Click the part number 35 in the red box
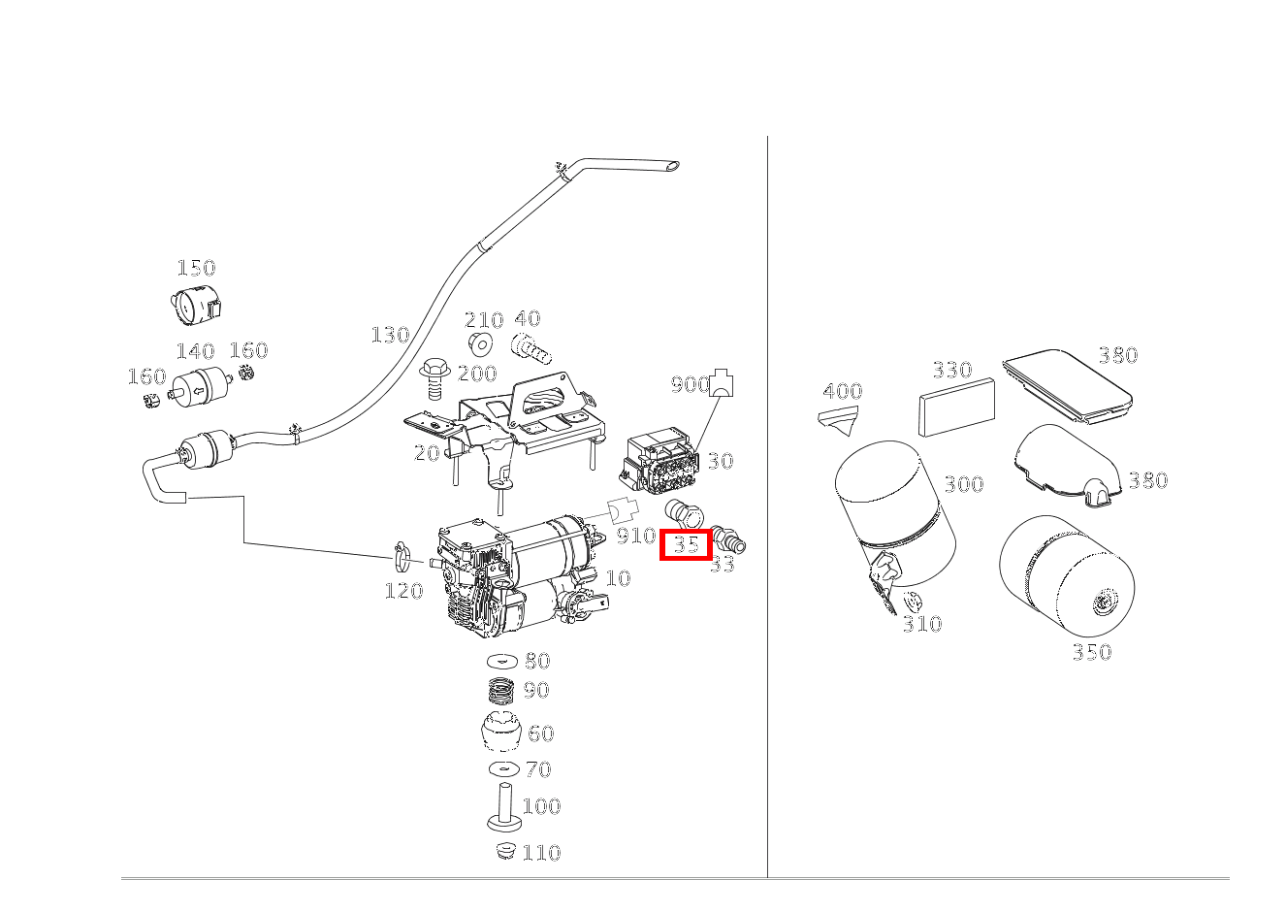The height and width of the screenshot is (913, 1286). (687, 544)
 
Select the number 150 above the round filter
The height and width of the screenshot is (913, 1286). (195, 268)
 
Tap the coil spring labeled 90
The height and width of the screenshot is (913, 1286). (501, 691)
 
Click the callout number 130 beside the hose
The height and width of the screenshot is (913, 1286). (390, 335)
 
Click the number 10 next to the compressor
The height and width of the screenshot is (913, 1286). (617, 578)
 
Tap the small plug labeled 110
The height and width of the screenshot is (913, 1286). (502, 851)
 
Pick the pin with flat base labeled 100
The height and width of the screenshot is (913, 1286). (504, 807)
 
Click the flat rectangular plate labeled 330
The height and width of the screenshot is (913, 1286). (956, 407)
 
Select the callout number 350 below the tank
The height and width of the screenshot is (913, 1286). (1091, 652)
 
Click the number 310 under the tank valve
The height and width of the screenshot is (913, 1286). (921, 624)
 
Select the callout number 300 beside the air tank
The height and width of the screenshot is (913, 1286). (963, 484)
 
